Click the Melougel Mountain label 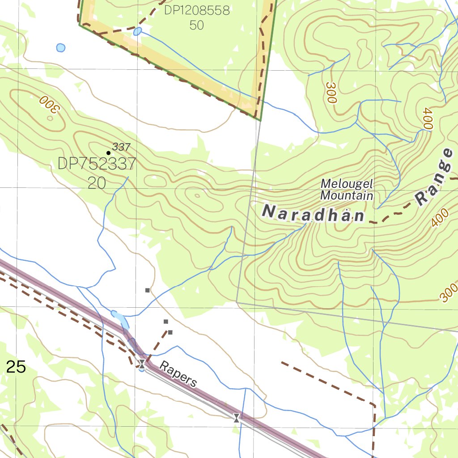pos(347,190)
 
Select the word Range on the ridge pos(435,178)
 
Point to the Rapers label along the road pos(178,374)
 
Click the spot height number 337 pos(121,147)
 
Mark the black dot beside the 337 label pos(108,153)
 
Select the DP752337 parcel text pos(97,164)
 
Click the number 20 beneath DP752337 pos(96,182)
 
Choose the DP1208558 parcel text pos(197,10)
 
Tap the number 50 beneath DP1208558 pos(197,25)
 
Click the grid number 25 pos(16,367)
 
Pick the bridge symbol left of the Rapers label pos(142,364)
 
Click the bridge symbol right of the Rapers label pos(237,418)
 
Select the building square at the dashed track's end pos(170,332)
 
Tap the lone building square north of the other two pos(148,290)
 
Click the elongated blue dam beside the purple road pos(120,319)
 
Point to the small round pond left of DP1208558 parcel pos(60,47)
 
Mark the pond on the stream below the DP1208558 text pos(137,31)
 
